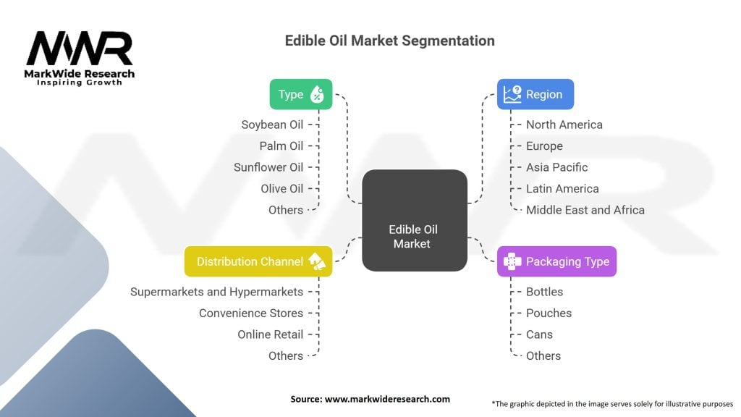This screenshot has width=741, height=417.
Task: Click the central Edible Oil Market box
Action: (414, 220)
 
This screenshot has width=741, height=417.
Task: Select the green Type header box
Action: (301, 94)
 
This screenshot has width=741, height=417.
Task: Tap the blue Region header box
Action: (535, 94)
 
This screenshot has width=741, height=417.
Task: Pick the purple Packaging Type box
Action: (556, 261)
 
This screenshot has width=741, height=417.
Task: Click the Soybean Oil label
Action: (272, 125)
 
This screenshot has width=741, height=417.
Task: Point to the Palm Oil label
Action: (281, 146)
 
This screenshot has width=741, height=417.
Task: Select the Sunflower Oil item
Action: (268, 167)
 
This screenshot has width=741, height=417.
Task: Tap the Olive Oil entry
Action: (281, 188)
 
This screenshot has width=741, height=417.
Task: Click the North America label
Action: (564, 125)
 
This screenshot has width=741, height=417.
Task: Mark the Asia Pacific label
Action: (556, 167)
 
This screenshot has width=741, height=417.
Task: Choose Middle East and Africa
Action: (585, 210)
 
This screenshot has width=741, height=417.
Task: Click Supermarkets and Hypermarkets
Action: (216, 292)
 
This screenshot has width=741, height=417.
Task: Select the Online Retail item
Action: (270, 334)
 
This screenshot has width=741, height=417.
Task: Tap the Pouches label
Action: (549, 313)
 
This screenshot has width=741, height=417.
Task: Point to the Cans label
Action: (539, 334)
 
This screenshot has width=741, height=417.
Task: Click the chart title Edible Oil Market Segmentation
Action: (389, 41)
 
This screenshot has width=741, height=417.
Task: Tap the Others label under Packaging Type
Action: (543, 355)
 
